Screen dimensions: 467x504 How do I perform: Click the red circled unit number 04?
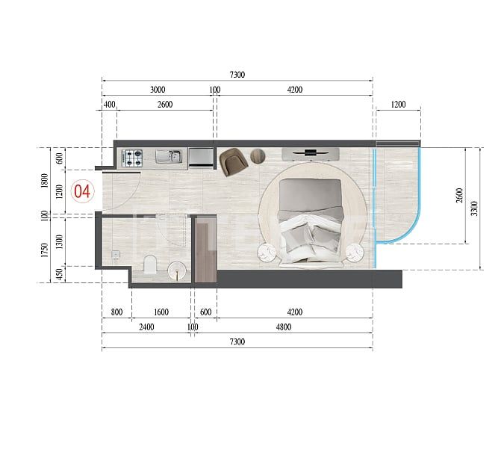click(82, 191)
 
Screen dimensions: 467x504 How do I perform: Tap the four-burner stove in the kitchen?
click(133, 157)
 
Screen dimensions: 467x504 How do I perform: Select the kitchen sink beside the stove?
click(168, 157)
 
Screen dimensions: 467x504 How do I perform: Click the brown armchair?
click(232, 161)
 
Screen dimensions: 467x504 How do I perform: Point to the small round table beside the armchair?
click(258, 156)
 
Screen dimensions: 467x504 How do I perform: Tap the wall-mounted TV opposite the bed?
click(311, 154)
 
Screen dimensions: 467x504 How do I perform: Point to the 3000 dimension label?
click(158, 90)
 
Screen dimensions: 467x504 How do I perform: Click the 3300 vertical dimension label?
click(475, 208)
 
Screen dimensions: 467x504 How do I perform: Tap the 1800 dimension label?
click(45, 180)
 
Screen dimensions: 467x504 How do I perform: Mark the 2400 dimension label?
click(146, 327)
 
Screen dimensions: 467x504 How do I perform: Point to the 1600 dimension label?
click(161, 312)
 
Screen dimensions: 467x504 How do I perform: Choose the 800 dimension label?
click(116, 312)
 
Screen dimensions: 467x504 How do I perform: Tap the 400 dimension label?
click(110, 105)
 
